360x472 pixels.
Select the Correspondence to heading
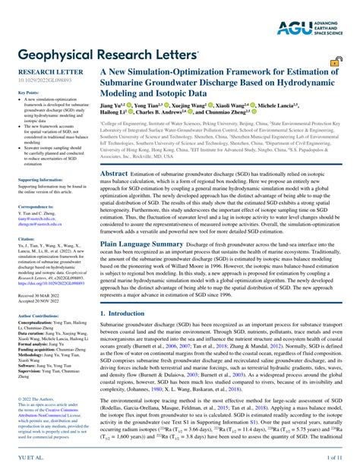coord(36,206)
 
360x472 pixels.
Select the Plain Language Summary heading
coord(142,244)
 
